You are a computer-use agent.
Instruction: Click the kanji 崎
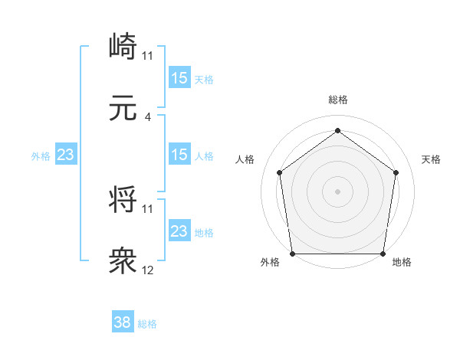coord(123,47)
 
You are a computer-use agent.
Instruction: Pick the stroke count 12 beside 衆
coord(148,270)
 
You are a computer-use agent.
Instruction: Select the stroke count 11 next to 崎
coord(148,55)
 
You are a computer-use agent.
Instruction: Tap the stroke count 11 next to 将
coord(148,208)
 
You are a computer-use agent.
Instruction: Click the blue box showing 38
coord(123,323)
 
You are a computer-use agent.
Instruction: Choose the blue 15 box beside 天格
coord(179,78)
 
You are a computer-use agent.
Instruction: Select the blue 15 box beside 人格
coord(179,155)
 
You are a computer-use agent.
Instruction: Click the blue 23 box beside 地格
coord(179,231)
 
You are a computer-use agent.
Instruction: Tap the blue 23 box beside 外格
coord(66,155)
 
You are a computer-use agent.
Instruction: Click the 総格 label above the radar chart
coord(338,100)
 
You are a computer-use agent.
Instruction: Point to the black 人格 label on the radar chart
coord(245,159)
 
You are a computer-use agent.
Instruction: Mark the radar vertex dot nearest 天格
coord(396,172)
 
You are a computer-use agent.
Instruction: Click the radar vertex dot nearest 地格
coord(383,254)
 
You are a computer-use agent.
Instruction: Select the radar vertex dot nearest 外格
coord(292,254)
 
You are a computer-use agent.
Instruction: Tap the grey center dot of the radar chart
coord(337,191)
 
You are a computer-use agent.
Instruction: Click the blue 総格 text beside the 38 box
coord(147,324)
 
